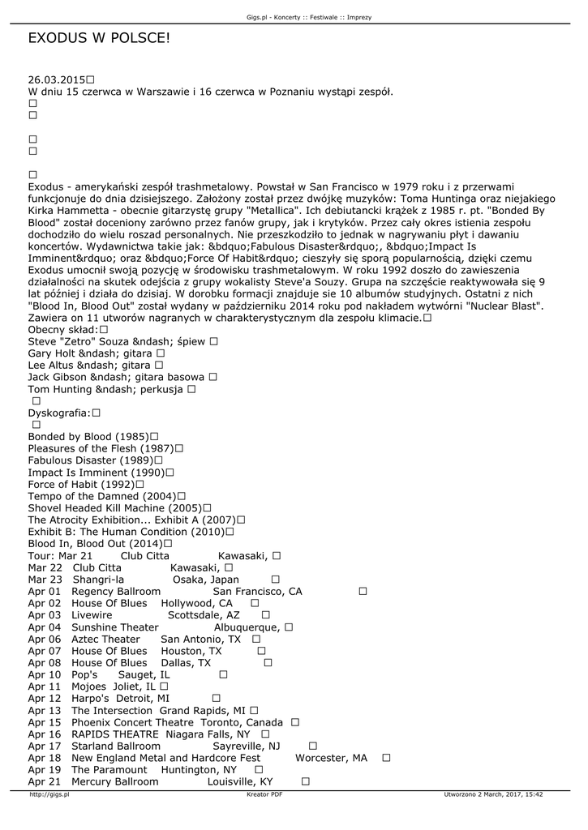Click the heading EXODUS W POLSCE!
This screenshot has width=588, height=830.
pyautogui.click(x=99, y=38)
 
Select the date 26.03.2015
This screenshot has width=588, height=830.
pyautogui.click(x=56, y=79)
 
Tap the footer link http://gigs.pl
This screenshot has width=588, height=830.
pyautogui.click(x=49, y=795)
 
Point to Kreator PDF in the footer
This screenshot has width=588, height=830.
pyautogui.click(x=264, y=795)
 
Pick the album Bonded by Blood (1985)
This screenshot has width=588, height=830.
pyautogui.click(x=87, y=437)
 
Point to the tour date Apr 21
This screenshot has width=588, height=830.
pyautogui.click(x=45, y=782)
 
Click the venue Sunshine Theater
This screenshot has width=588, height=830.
pyautogui.click(x=115, y=627)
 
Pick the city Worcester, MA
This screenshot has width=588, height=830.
pyautogui.click(x=331, y=758)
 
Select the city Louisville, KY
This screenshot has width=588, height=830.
pyautogui.click(x=240, y=782)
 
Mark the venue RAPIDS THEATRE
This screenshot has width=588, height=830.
pyautogui.click(x=115, y=734)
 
